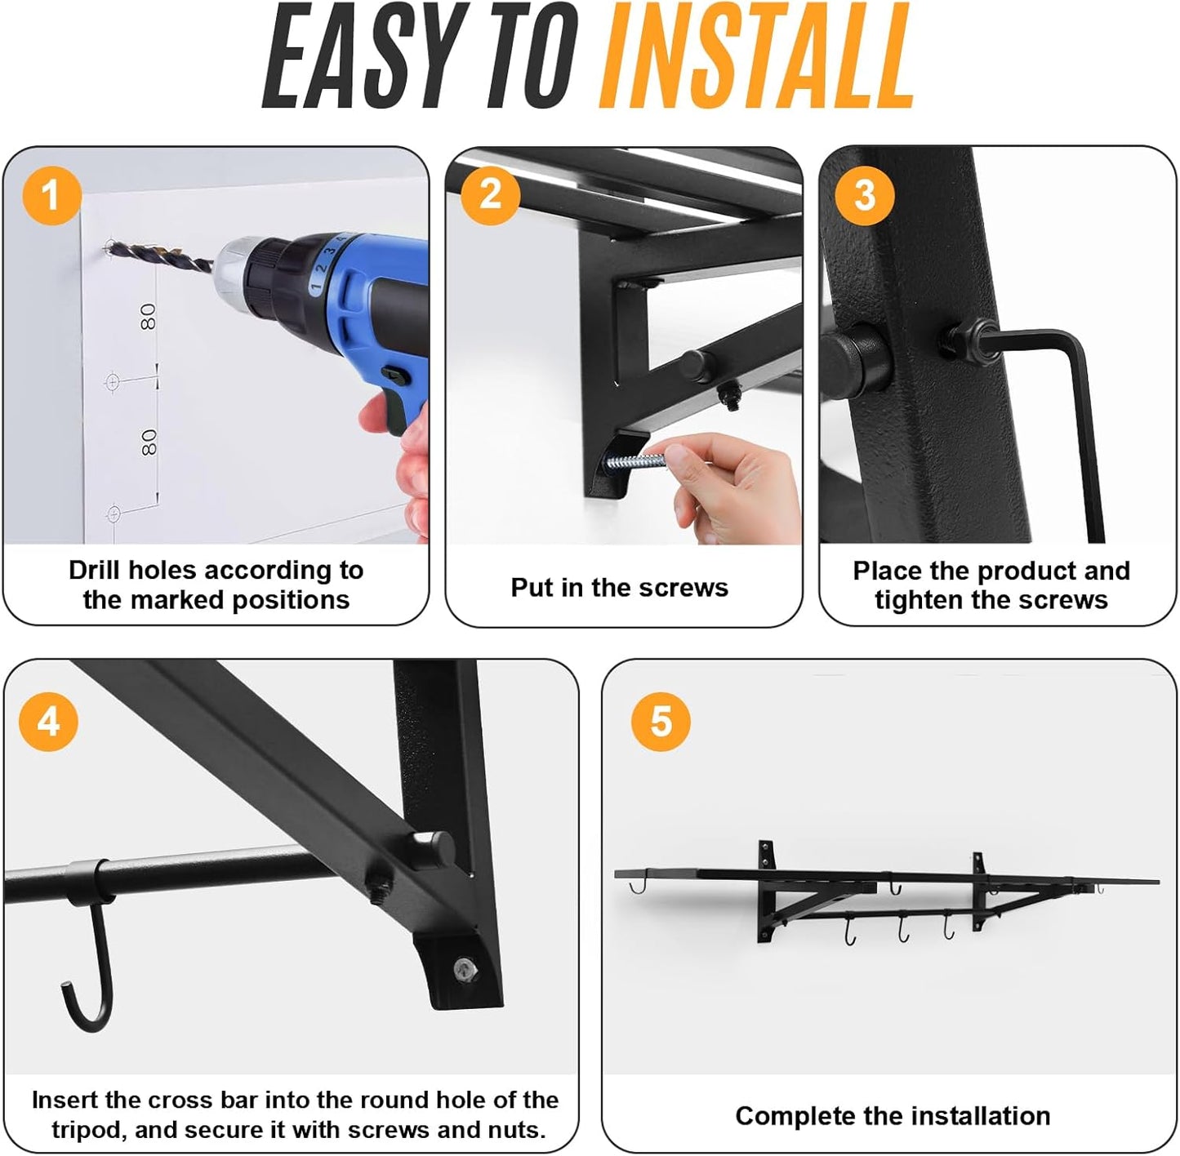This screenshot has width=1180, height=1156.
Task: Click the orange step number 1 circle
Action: [x=51, y=196]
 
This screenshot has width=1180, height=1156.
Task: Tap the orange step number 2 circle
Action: [x=490, y=194]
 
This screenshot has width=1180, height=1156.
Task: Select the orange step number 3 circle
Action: [x=864, y=195]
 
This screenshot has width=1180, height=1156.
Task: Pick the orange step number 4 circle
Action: [x=49, y=722]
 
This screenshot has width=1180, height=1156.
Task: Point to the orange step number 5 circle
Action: [x=661, y=722]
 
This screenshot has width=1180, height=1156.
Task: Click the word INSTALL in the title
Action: [x=756, y=57]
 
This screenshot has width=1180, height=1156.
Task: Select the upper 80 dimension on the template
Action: [x=148, y=317]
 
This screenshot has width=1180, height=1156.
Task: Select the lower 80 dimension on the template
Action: [x=149, y=443]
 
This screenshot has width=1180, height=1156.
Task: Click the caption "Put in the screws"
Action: [x=619, y=587]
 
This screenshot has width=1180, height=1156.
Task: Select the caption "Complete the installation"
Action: [x=892, y=1115]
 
